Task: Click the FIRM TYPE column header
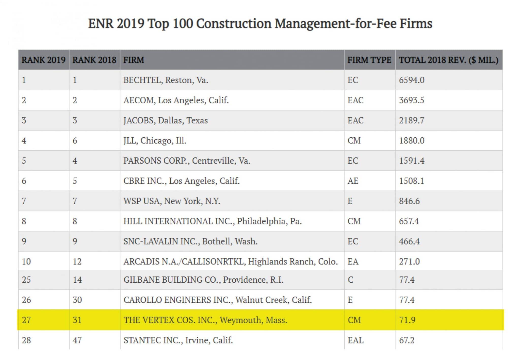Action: [369, 60]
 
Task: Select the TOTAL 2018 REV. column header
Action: [448, 60]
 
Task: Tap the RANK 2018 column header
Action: [94, 60]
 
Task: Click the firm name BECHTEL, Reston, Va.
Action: [166, 80]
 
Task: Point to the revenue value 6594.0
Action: [412, 80]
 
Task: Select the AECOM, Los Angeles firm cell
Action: [176, 100]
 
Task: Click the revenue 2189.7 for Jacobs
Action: [412, 120]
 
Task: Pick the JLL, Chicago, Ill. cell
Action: [155, 141]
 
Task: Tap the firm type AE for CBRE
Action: [353, 181]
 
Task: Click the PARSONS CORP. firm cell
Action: [187, 161]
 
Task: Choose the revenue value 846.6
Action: [409, 201]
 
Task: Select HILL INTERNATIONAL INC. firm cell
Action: [212, 221]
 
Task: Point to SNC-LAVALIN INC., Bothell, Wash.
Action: [190, 241]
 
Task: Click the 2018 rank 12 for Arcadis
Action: [77, 261]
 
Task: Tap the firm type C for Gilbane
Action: [350, 280]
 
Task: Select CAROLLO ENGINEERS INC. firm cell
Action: [217, 300]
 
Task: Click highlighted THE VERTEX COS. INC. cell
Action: [205, 320]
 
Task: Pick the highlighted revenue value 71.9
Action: [407, 320]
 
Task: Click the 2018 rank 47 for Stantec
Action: [77, 340]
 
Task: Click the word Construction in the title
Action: [234, 24]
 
